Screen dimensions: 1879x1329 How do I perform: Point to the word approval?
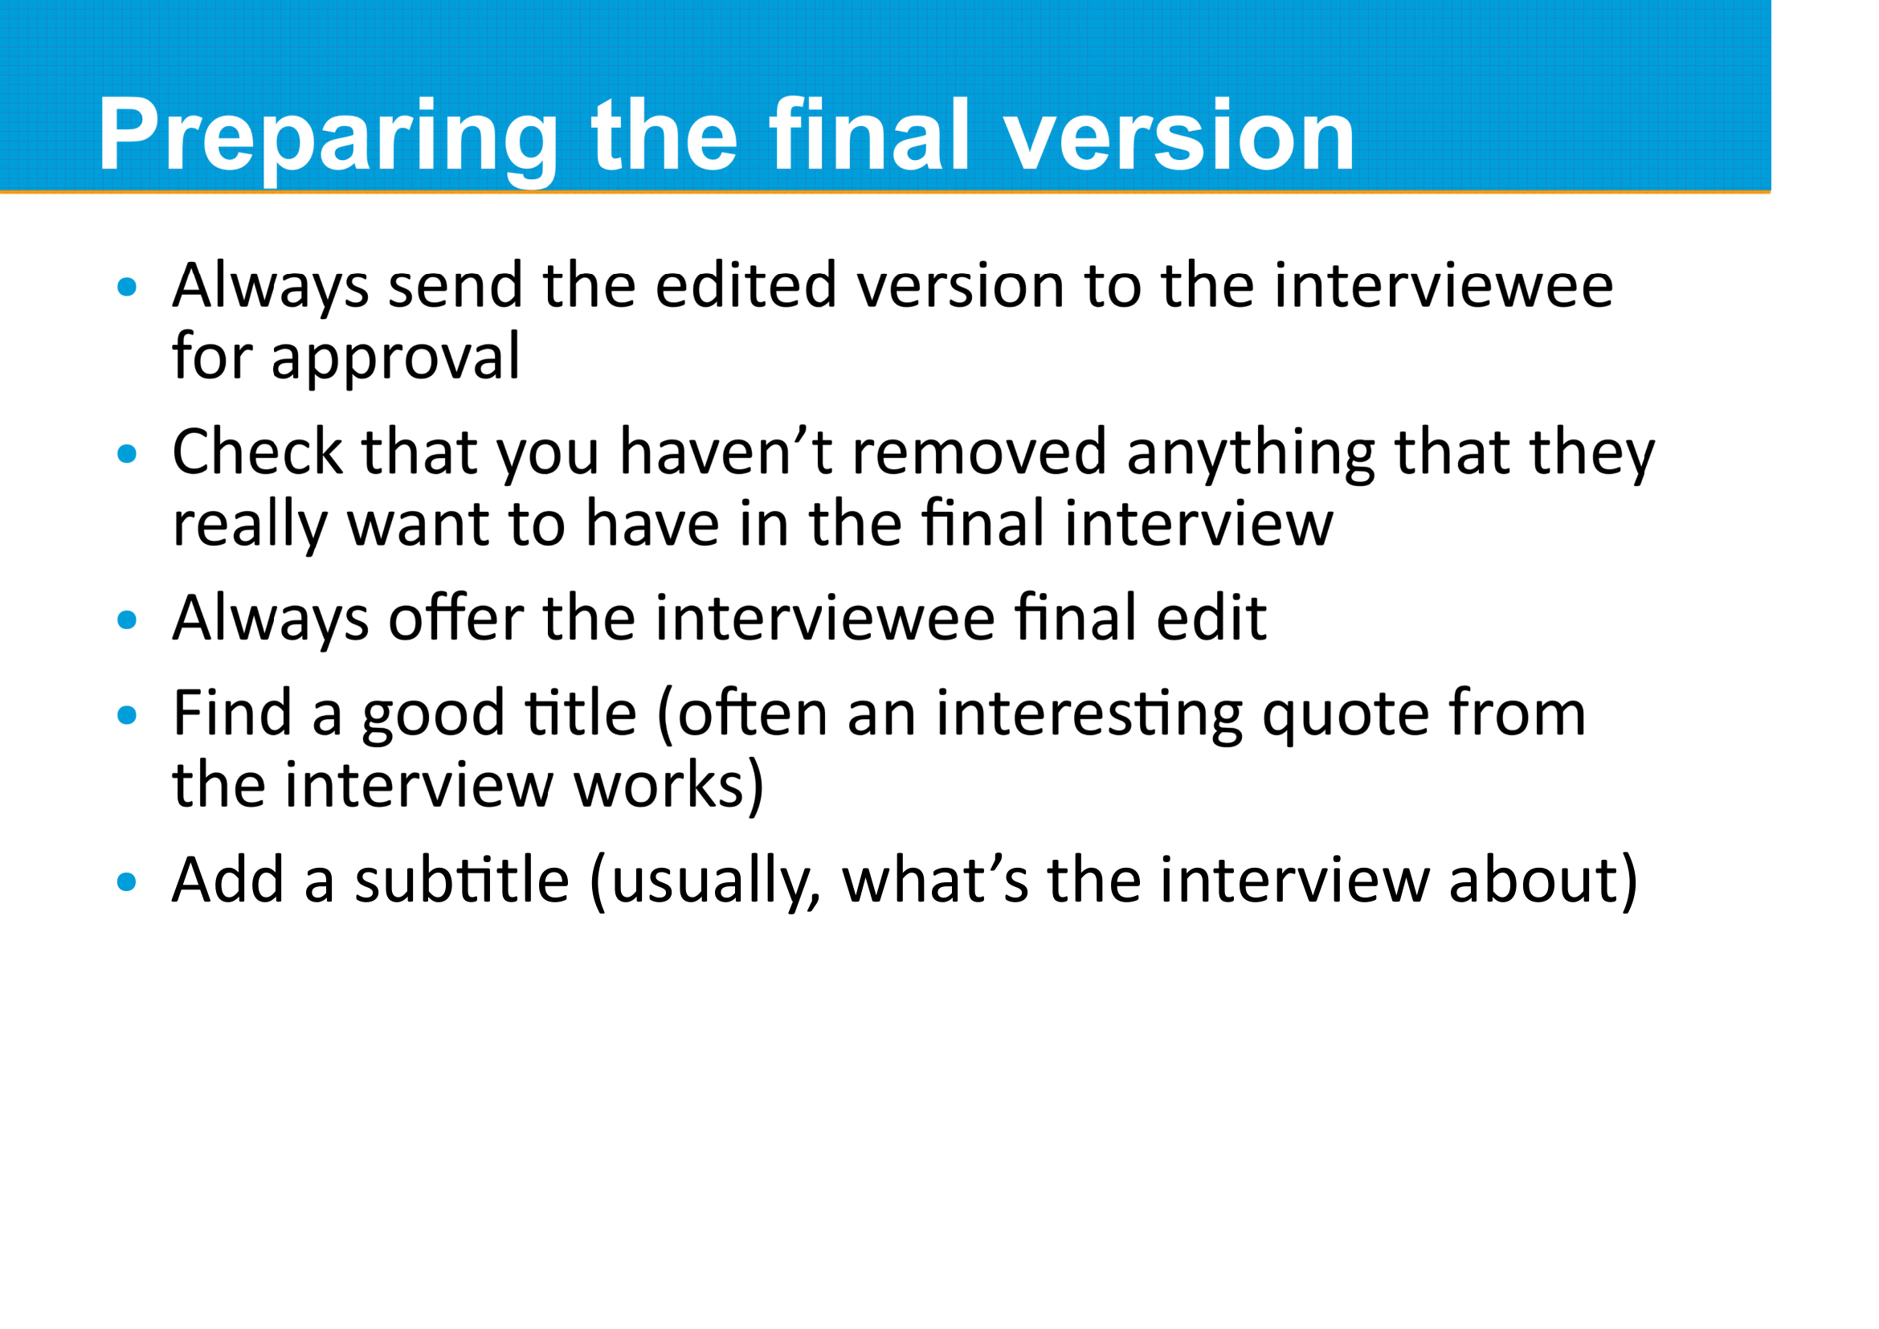coord(394,358)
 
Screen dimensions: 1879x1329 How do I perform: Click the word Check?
coord(257,452)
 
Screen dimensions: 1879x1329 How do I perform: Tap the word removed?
coord(978,452)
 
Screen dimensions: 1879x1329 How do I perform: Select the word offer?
coord(455,618)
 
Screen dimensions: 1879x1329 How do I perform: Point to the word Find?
coord(232,713)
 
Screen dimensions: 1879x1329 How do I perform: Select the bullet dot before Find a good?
coord(127,715)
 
